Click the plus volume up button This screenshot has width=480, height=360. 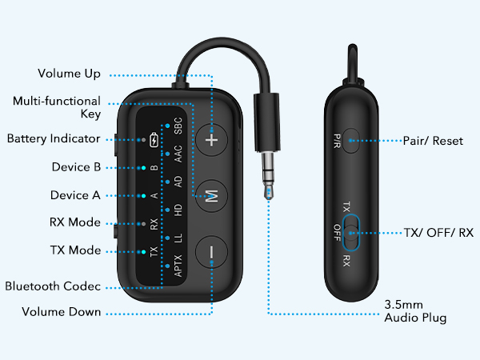[x=212, y=138]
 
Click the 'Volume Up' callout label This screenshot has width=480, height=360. [x=70, y=74]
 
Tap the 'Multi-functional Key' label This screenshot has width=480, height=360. [x=57, y=108]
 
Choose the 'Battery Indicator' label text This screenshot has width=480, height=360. [x=54, y=138]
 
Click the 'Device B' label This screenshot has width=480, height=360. [x=75, y=167]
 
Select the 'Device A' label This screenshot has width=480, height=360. [x=75, y=195]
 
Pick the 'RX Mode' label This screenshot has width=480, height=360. [x=75, y=222]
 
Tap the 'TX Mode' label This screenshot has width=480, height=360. [x=75, y=250]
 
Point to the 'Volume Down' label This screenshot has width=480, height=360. [x=62, y=312]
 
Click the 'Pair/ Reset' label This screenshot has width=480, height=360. [x=433, y=140]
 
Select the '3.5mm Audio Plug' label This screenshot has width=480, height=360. [x=414, y=312]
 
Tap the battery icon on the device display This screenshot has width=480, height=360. [x=154, y=142]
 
